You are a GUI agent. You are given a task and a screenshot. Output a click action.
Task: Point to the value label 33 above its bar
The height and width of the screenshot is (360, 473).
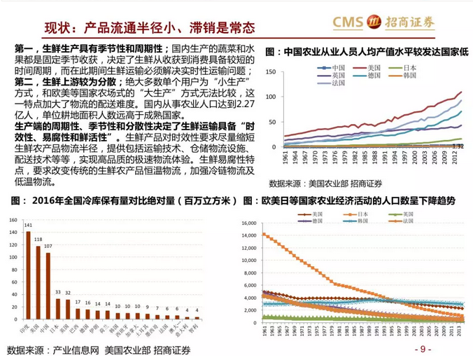coord(58,291)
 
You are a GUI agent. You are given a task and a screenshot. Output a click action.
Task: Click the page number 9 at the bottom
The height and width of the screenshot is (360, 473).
coord(423,349)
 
